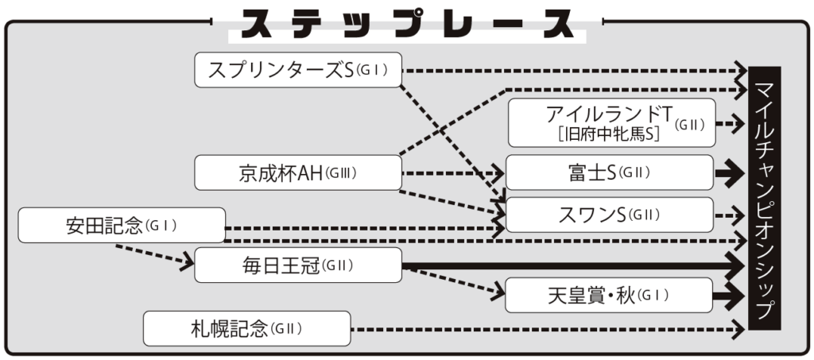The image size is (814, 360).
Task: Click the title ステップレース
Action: tap(407, 25)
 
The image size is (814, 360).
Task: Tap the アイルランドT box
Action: tap(611, 123)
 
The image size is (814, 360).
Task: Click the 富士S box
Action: tap(610, 172)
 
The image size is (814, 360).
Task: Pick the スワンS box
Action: tap(610, 215)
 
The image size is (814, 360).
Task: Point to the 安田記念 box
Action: tap(122, 226)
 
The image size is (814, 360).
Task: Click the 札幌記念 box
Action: tap(246, 328)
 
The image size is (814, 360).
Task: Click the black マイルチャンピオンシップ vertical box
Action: tap(765, 198)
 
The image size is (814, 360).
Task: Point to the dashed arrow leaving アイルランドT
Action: tap(731, 124)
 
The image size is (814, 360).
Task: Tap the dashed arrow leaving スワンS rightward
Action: tap(730, 215)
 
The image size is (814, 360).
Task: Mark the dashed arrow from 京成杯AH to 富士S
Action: tap(453, 172)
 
